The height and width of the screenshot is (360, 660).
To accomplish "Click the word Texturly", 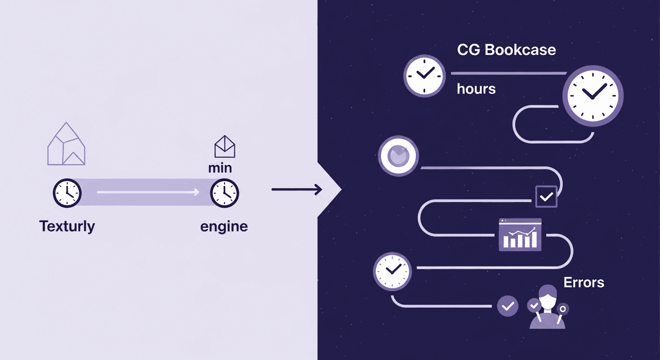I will click(67, 226).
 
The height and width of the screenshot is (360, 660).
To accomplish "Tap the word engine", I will click(224, 227).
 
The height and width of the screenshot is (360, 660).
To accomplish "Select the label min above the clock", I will click(220, 168).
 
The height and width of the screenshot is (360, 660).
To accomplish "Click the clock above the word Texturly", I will click(67, 193).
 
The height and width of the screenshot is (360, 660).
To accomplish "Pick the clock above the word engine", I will click(225, 193).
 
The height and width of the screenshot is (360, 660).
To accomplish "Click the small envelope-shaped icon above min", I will click(225, 147).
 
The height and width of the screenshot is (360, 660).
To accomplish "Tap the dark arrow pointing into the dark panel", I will click(297, 189).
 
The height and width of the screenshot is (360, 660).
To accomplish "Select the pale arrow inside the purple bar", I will click(148, 192).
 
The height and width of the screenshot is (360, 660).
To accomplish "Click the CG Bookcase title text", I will click(506, 50).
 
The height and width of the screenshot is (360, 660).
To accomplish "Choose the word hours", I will click(476, 89).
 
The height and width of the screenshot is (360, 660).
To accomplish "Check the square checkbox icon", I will click(546, 197).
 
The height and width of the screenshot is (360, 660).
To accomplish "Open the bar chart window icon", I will click(520, 234).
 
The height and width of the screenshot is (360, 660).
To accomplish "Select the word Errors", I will click(584, 283).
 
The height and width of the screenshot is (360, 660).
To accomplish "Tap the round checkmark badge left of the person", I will click(508, 306).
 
